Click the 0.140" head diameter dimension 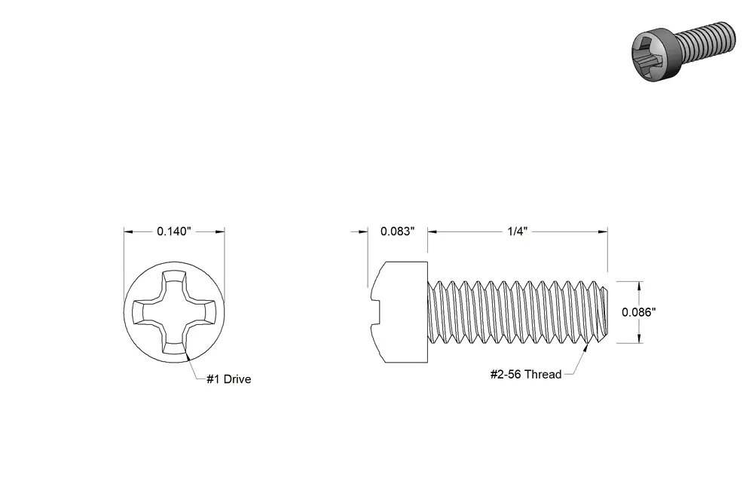(173, 231)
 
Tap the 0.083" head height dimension (397, 231)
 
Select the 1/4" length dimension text (518, 231)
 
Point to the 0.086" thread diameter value (638, 312)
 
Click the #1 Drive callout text (229, 379)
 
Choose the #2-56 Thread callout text (526, 375)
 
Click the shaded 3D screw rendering (683, 51)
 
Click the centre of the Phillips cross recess (174, 312)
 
